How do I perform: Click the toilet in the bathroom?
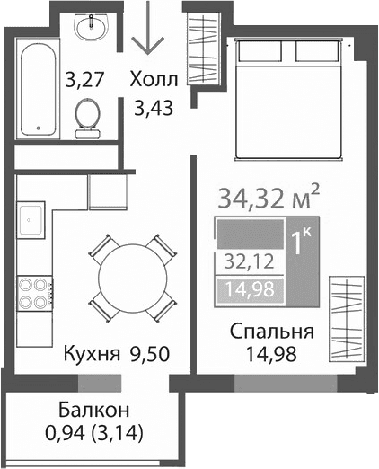tap(88, 117)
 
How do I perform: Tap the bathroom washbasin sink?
tap(90, 31)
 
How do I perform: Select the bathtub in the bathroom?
tap(38, 88)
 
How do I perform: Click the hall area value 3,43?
tap(154, 109)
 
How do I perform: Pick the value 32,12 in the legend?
tap(249, 262)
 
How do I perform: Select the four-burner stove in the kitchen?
tap(33, 292)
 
